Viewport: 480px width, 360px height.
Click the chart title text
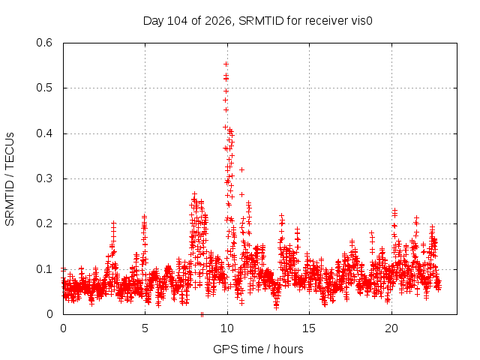(258, 21)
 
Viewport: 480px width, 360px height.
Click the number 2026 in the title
(218, 21)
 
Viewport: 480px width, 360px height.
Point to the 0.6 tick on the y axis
(44, 43)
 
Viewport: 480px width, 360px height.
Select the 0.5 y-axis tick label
(44, 88)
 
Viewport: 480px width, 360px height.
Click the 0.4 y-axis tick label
(44, 133)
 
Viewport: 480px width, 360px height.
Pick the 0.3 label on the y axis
(44, 178)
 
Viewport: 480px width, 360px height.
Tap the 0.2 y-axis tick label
(44, 223)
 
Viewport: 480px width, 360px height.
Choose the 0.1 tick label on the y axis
(44, 269)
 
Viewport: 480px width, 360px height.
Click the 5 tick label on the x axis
(145, 328)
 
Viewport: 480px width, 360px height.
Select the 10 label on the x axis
(226, 328)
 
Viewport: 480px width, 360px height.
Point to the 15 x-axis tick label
(309, 328)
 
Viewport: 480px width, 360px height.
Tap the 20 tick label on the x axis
(391, 328)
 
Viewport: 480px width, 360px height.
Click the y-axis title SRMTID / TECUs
(10, 179)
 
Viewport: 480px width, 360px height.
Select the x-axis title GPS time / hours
(258, 349)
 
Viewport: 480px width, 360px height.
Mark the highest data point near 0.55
(226, 64)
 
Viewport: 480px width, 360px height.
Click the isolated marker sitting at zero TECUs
(202, 314)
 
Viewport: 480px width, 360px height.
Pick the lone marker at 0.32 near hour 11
(241, 169)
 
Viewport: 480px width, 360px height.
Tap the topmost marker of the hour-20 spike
(395, 210)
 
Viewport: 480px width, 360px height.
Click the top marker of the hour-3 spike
(113, 223)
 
